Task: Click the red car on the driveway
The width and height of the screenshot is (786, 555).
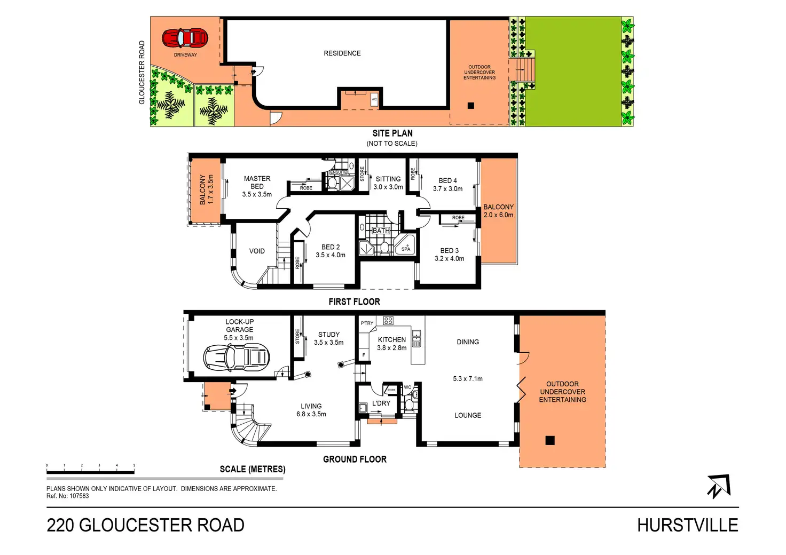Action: point(185,38)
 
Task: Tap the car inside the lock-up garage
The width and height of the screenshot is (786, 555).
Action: point(237,356)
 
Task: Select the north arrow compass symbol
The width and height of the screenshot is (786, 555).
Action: point(719,486)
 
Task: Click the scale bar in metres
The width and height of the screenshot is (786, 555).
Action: point(90,472)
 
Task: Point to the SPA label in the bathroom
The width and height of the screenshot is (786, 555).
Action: point(406,249)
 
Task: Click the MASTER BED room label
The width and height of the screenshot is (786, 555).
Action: point(257,183)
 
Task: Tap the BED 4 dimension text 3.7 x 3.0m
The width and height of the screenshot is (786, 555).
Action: point(447,189)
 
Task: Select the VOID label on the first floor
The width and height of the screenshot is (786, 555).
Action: point(257,251)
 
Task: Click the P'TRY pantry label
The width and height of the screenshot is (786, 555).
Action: point(367,323)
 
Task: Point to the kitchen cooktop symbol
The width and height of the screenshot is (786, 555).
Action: point(388,321)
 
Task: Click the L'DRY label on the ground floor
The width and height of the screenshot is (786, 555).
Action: point(381,403)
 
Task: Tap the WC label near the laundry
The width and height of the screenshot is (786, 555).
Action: point(407,387)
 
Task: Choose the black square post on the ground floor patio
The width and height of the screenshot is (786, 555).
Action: point(550,440)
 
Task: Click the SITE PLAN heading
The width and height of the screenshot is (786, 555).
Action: point(392,133)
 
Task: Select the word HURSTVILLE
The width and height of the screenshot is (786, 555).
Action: point(687,525)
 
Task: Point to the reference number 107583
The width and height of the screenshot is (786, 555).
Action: point(79,496)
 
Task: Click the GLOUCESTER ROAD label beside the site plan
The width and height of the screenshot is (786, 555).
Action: point(142,73)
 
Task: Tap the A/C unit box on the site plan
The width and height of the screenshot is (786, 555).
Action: point(374,100)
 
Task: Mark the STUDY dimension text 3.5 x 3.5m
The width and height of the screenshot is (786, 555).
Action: point(328,343)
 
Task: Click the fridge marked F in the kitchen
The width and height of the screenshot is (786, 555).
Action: point(364,355)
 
